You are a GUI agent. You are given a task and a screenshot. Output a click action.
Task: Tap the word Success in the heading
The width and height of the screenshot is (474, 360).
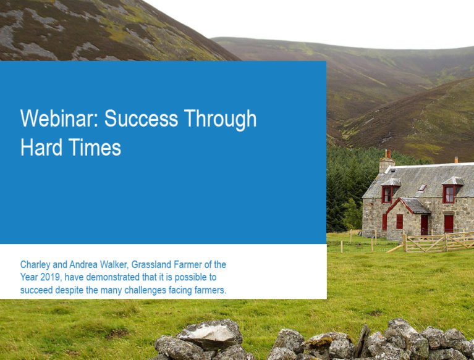coord(141,118)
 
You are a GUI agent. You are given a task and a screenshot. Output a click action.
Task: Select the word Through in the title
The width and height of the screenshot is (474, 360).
coord(221,119)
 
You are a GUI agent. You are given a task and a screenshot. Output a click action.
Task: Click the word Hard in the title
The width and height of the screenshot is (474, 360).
coord(41,147)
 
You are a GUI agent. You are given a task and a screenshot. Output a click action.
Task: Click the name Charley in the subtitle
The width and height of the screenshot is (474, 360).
coord(35,265)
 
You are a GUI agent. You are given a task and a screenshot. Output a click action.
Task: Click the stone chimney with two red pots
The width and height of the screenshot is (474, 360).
coord(387,162)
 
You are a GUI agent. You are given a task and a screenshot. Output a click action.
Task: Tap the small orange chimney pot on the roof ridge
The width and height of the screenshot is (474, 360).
coord(456,160)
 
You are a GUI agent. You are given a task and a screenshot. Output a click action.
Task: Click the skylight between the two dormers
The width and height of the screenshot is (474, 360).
coord(422,188)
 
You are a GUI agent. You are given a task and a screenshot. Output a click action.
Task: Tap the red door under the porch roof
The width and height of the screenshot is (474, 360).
coord(425,225)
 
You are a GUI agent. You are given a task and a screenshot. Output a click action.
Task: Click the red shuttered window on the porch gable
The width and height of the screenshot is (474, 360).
coord(400,222)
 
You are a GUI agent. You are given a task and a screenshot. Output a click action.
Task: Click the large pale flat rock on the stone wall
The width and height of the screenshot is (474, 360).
coord(210,333)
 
